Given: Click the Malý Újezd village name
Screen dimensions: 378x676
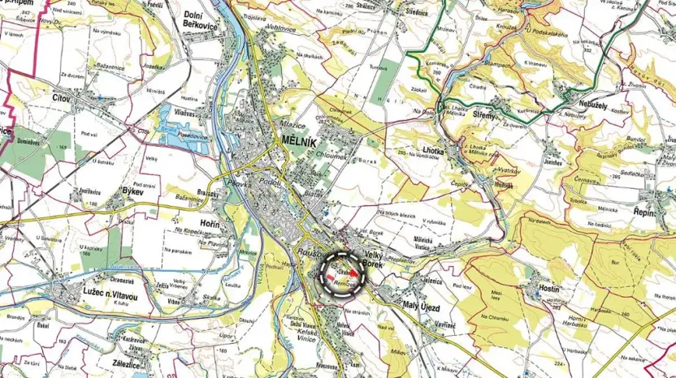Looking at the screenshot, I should pyautogui.click(x=421, y=306).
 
